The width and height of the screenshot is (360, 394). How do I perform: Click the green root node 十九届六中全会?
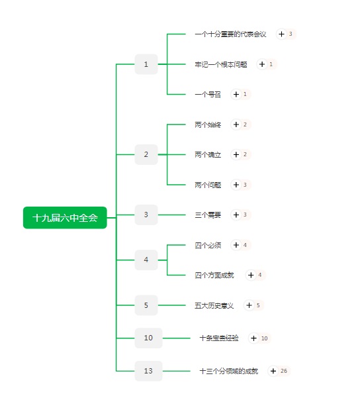(65, 218)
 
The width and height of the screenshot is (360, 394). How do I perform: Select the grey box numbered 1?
(146, 64)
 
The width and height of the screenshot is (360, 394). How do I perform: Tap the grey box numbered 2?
(146, 154)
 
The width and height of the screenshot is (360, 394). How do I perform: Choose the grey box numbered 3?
(146, 215)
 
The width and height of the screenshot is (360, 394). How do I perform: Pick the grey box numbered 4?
(146, 260)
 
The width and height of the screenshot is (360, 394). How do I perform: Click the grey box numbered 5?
(146, 305)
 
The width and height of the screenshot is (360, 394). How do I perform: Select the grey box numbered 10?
(148, 338)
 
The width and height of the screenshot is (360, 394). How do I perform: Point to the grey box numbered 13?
(148, 371)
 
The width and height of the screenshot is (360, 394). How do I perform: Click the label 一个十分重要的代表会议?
(230, 34)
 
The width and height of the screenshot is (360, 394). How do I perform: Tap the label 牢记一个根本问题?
(221, 64)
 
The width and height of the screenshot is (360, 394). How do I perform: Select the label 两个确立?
(208, 154)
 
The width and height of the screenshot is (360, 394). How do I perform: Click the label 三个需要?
(208, 215)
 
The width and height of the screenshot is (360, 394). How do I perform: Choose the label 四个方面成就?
(214, 275)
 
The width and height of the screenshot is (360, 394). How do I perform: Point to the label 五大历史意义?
(214, 305)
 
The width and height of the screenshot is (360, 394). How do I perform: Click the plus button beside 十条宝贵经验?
(253, 338)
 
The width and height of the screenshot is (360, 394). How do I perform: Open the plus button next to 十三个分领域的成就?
(273, 371)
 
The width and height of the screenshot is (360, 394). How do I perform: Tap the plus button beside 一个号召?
(236, 94)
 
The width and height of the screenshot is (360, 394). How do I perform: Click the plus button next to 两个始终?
(236, 124)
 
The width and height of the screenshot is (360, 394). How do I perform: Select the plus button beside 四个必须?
(236, 245)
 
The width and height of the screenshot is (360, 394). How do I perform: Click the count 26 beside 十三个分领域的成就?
(284, 371)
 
